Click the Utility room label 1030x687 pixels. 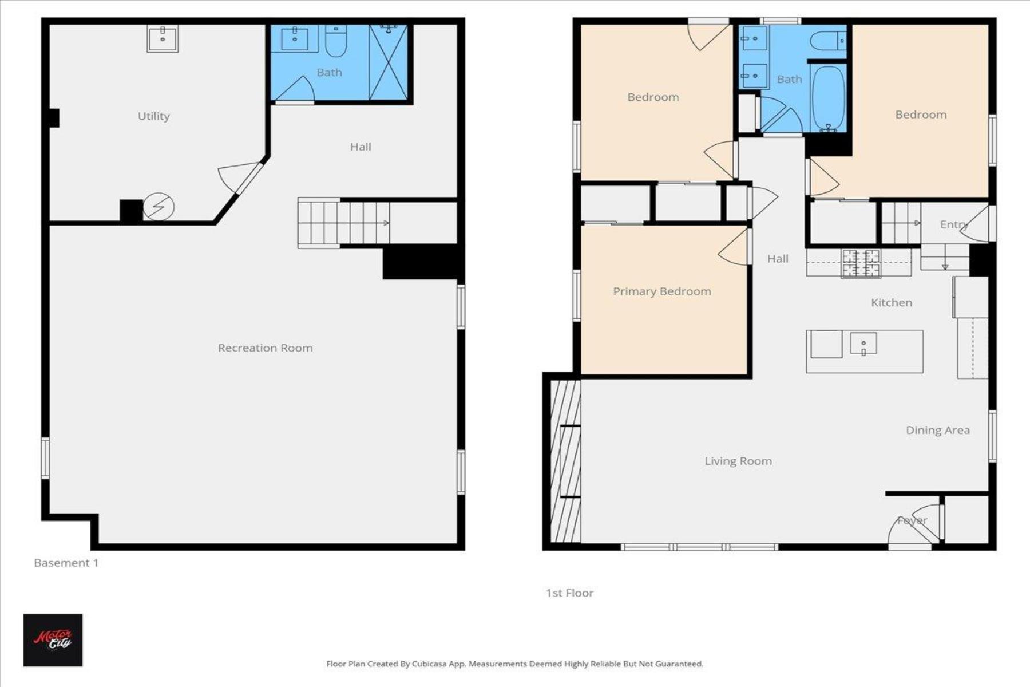pyautogui.click(x=153, y=116)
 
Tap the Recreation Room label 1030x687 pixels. pyautogui.click(x=265, y=348)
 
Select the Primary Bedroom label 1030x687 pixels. pyautogui.click(x=661, y=291)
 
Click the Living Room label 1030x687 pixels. pyautogui.click(x=738, y=461)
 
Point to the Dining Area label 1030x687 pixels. pyautogui.click(x=937, y=431)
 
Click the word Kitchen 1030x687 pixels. pyautogui.click(x=891, y=303)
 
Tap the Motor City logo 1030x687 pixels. pyautogui.click(x=53, y=640)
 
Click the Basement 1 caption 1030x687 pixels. pyautogui.click(x=66, y=563)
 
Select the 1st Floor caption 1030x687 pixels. pyautogui.click(x=569, y=593)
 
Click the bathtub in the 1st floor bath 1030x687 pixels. pyautogui.click(x=827, y=98)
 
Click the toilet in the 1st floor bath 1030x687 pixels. pyautogui.click(x=828, y=41)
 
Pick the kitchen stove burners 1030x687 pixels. pyautogui.click(x=859, y=263)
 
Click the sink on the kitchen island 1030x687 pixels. pyautogui.click(x=863, y=345)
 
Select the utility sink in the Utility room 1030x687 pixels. pyautogui.click(x=163, y=38)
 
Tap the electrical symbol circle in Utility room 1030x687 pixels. pyautogui.click(x=159, y=207)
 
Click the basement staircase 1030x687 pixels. pyautogui.click(x=342, y=223)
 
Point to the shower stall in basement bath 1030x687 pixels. pyautogui.click(x=388, y=63)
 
